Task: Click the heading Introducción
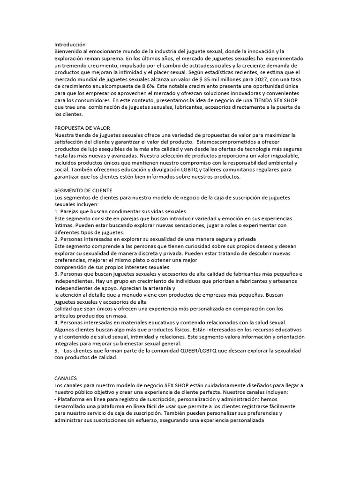tap(70, 44)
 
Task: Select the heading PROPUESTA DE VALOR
tap(82, 128)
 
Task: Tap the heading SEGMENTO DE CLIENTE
tap(83, 190)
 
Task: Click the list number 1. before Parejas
tap(57, 211)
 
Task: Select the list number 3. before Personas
tap(57, 274)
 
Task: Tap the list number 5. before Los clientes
tap(57, 351)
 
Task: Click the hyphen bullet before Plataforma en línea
tap(55, 392)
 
